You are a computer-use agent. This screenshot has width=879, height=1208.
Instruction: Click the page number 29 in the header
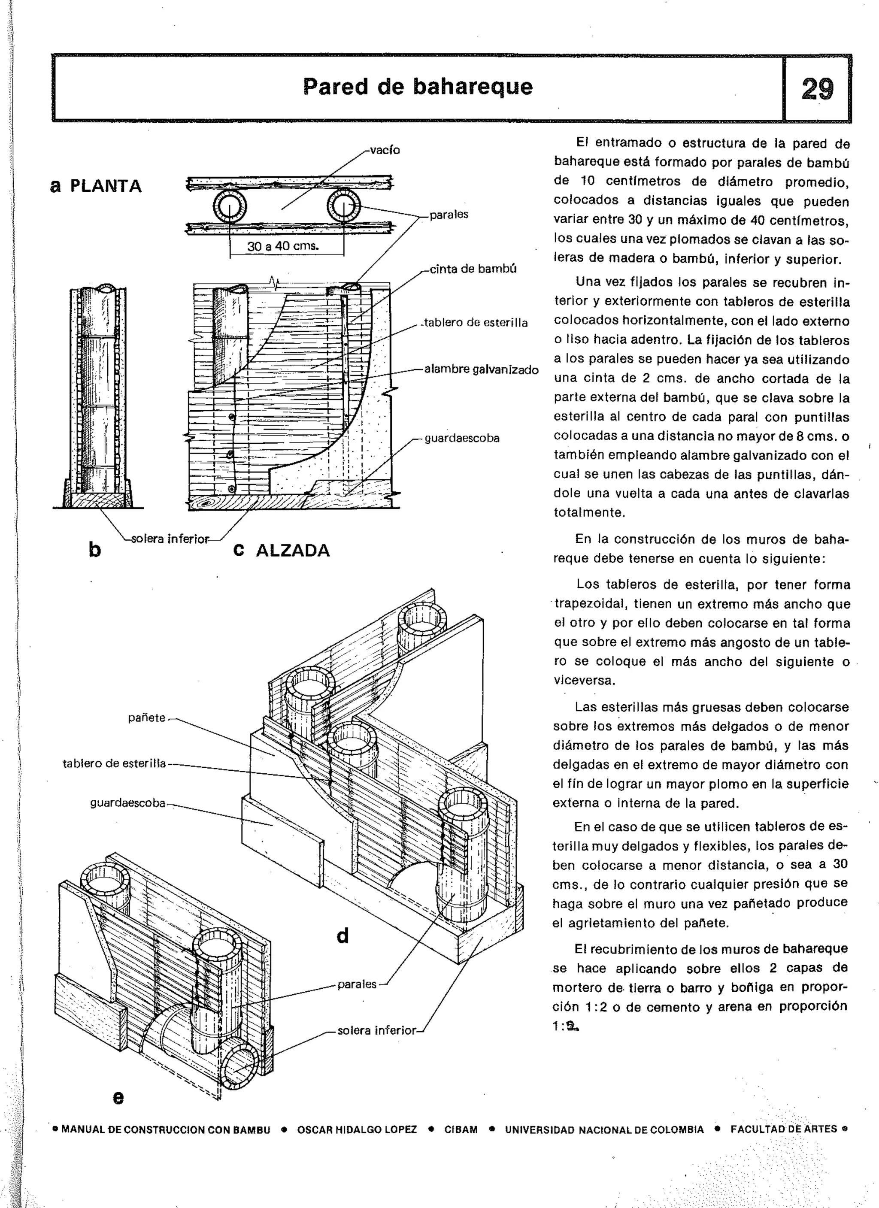click(817, 89)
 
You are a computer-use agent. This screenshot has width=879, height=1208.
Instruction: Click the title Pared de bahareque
click(418, 86)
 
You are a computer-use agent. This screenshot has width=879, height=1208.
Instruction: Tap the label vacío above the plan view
click(385, 150)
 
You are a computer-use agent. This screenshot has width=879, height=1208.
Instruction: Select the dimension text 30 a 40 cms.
click(282, 246)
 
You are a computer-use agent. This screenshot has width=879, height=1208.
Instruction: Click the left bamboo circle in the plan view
click(230, 208)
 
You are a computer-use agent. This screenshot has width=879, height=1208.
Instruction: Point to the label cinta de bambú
click(473, 269)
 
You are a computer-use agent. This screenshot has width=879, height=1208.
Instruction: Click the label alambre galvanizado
click(481, 369)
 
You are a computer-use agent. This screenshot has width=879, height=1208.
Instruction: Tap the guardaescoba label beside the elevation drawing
click(462, 438)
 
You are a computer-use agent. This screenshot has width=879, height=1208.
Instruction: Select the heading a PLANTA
click(96, 186)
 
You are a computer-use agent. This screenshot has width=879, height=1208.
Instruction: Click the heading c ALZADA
click(282, 550)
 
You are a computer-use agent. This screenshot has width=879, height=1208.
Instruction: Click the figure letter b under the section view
click(94, 549)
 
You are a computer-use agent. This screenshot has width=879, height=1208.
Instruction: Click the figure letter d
click(343, 936)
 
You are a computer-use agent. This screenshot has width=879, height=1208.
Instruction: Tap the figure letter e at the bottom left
click(118, 1097)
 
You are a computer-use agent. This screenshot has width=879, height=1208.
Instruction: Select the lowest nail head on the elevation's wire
click(230, 489)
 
